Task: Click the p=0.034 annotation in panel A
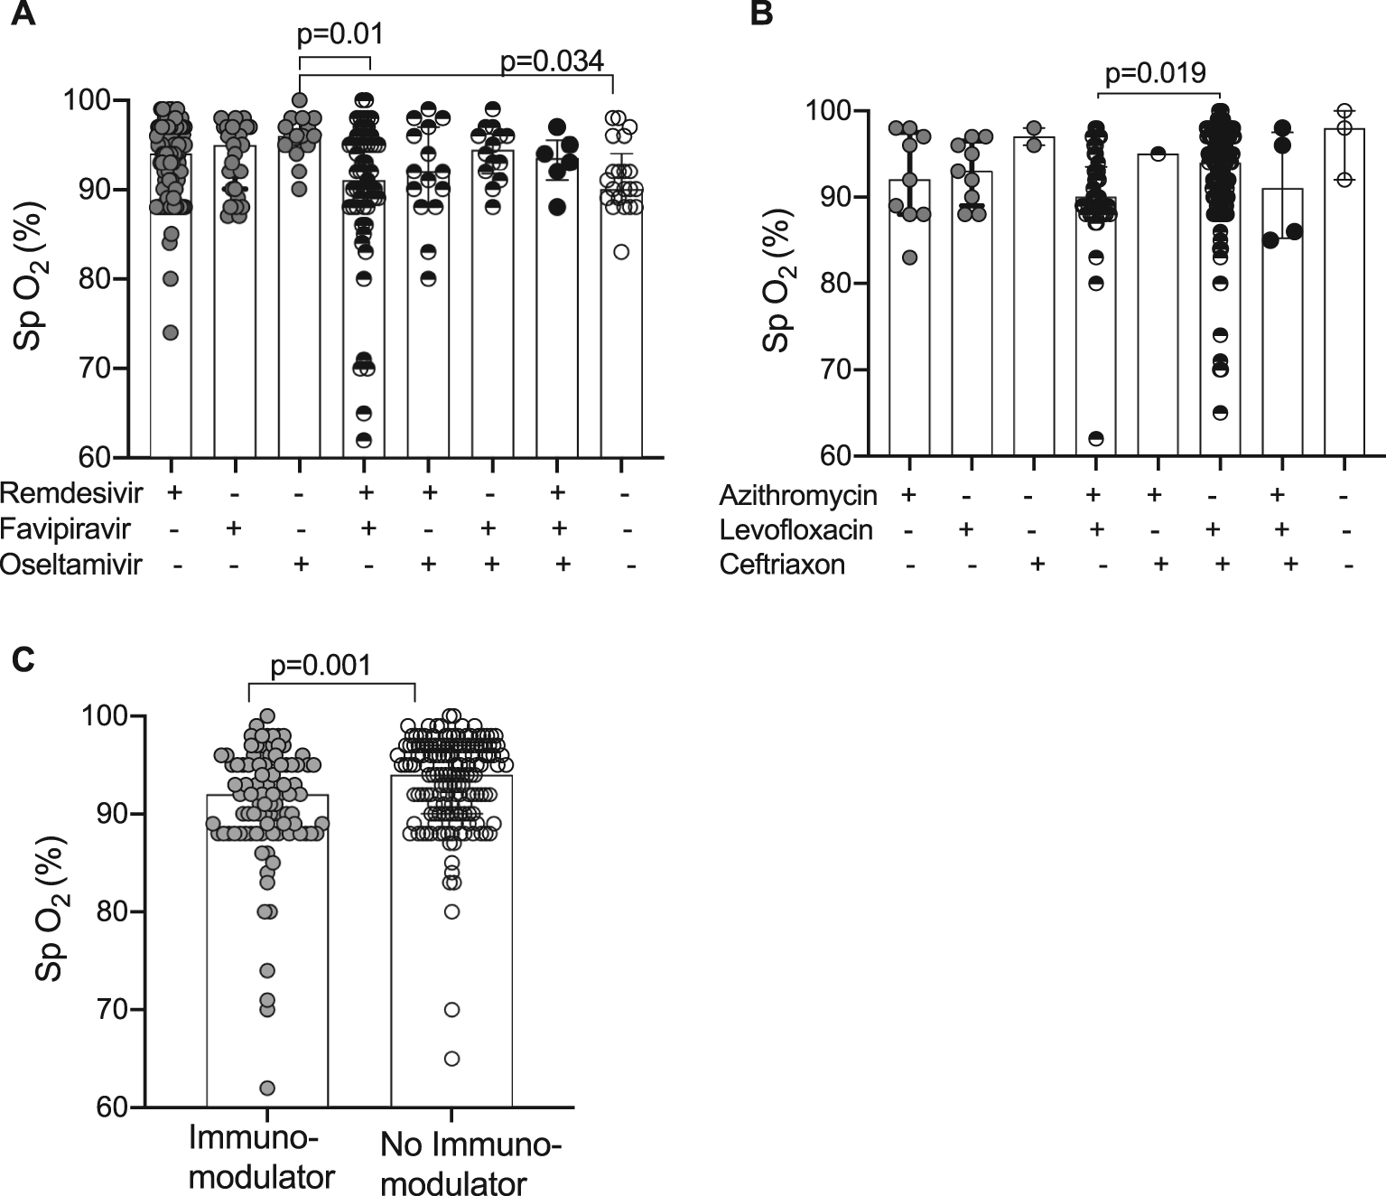click(552, 61)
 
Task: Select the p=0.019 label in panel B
click(1155, 72)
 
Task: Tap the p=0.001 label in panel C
click(321, 666)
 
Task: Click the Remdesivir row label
click(71, 493)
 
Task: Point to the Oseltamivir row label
click(71, 565)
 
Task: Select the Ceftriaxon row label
click(782, 565)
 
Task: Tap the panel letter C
click(23, 659)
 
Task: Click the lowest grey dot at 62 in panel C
click(267, 1088)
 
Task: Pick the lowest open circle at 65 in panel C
click(451, 1058)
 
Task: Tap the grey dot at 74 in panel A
click(171, 332)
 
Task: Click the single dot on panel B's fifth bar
click(1158, 154)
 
